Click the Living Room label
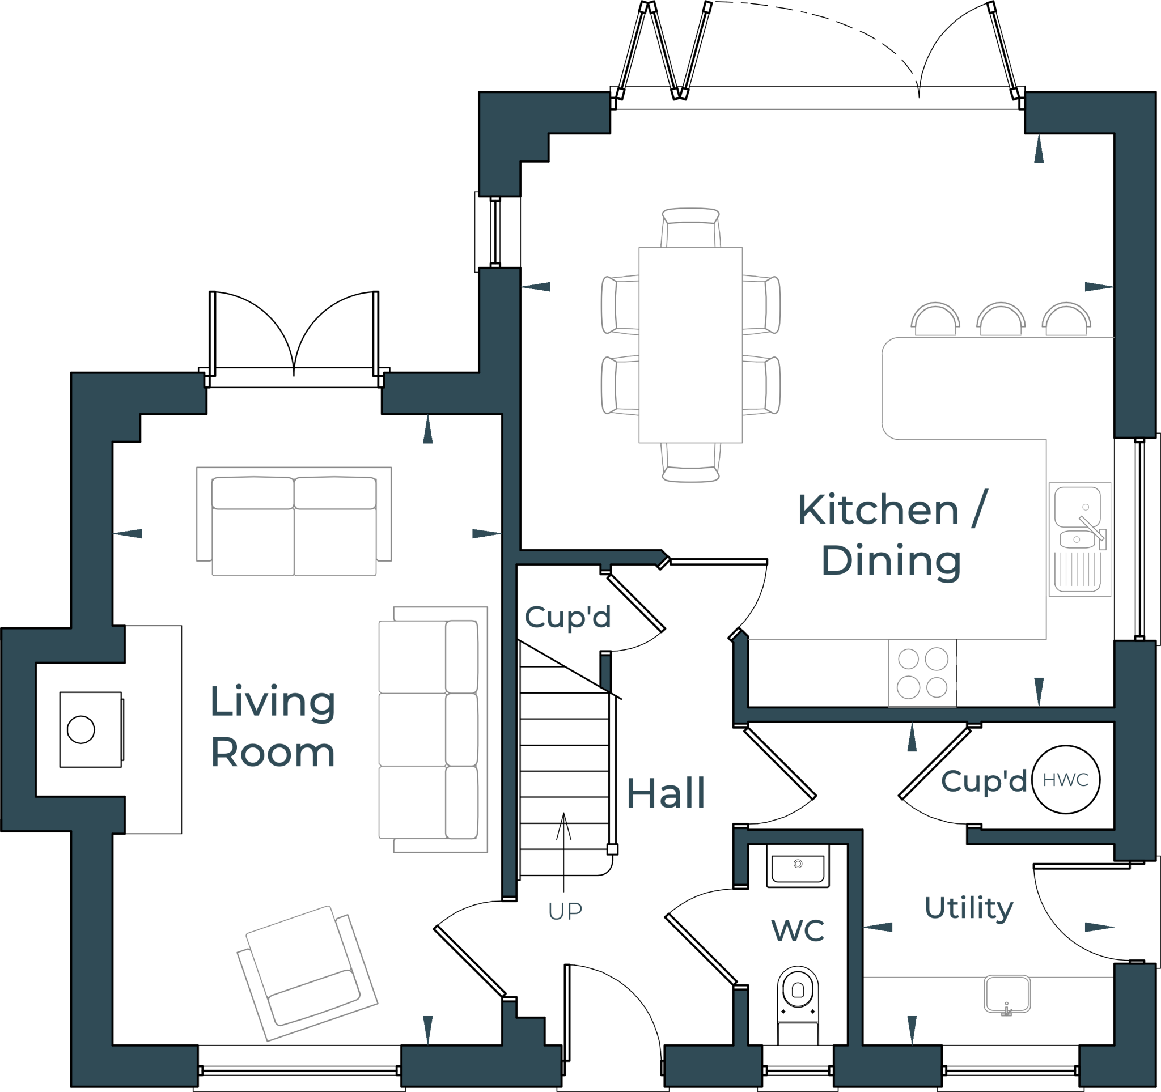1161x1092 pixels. (x=273, y=726)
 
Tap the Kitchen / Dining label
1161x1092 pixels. (x=892, y=535)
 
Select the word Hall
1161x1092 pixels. (x=666, y=794)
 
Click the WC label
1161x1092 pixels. (x=798, y=931)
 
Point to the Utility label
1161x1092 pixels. (x=969, y=908)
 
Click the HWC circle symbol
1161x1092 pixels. (x=1066, y=780)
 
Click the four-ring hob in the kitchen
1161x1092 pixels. (x=923, y=673)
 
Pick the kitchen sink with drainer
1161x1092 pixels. (x=1079, y=539)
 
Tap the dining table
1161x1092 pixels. (x=690, y=345)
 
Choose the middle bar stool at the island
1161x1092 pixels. (x=1001, y=320)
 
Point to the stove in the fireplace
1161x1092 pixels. (x=91, y=729)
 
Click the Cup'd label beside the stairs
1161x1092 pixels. (x=567, y=617)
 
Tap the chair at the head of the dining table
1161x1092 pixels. (x=690, y=227)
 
